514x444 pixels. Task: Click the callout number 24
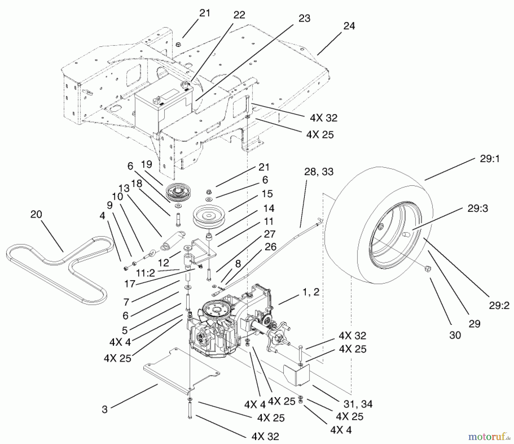349,26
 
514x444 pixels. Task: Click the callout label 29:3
477,209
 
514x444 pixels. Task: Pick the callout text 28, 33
319,172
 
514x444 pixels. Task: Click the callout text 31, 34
358,404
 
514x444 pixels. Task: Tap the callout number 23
304,19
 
